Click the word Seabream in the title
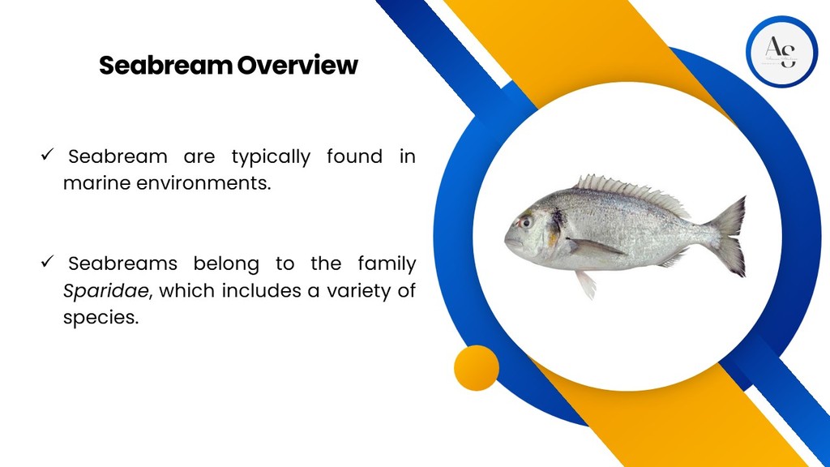(x=165, y=65)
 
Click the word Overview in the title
(x=297, y=65)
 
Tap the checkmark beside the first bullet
(x=47, y=155)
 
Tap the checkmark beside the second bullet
(x=47, y=262)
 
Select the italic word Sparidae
(x=106, y=291)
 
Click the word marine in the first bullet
(x=97, y=183)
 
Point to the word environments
(x=203, y=183)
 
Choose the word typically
(x=271, y=157)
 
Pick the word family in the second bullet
(x=387, y=264)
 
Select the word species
(x=101, y=318)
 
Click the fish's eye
(x=525, y=222)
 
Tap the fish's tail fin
(x=729, y=236)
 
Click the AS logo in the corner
(x=781, y=52)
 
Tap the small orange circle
(x=477, y=368)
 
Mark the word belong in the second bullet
(x=226, y=264)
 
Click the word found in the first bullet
(x=354, y=156)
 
